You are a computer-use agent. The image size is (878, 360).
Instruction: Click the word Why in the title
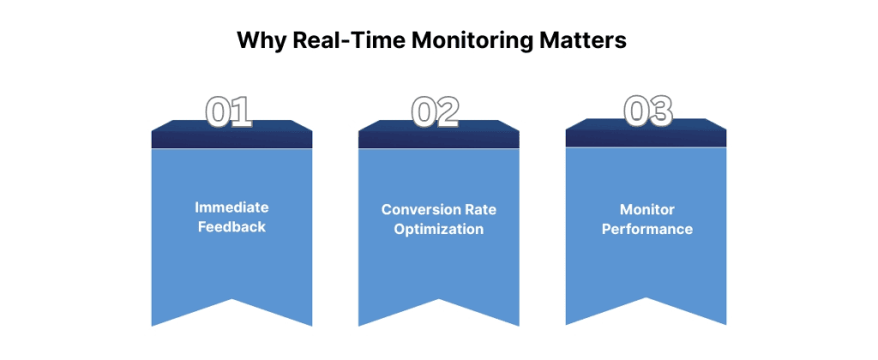click(x=256, y=40)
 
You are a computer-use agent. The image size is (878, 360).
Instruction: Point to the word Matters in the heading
click(x=582, y=40)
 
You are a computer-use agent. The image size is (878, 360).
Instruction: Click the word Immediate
click(x=232, y=207)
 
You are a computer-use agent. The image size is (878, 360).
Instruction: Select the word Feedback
click(x=232, y=227)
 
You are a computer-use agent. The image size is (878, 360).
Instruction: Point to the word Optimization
click(x=438, y=230)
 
